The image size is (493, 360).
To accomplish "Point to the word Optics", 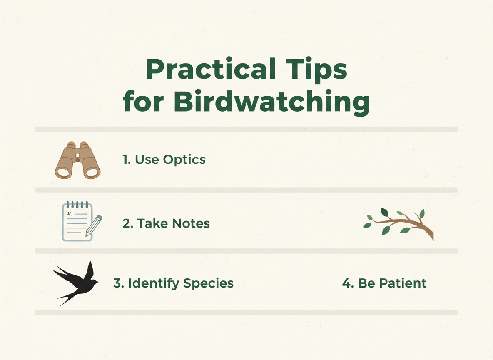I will coord(184,160).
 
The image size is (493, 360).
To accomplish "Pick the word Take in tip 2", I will coord(149,224).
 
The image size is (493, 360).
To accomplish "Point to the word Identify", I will coord(153,283).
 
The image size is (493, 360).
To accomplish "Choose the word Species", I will coord(208,283).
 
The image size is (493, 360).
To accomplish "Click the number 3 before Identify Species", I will coord(117,283).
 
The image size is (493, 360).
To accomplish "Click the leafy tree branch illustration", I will coord(399,223).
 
